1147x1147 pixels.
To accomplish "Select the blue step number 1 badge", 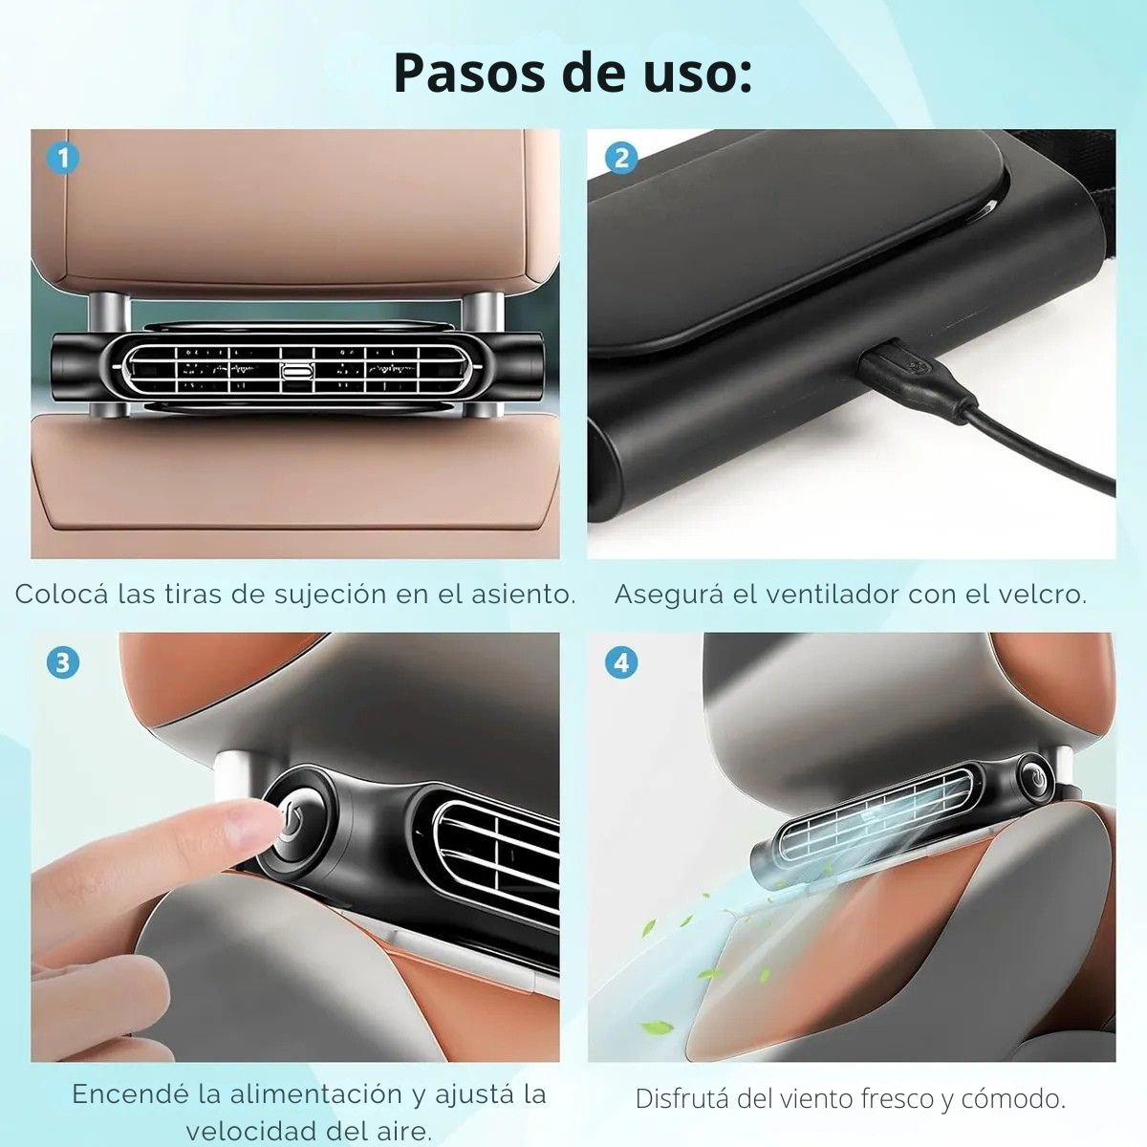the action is tap(62, 158).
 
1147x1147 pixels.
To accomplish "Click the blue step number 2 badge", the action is tap(621, 158).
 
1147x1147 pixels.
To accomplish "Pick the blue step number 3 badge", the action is tap(62, 661).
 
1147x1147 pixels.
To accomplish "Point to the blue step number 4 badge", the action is tap(621, 661).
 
